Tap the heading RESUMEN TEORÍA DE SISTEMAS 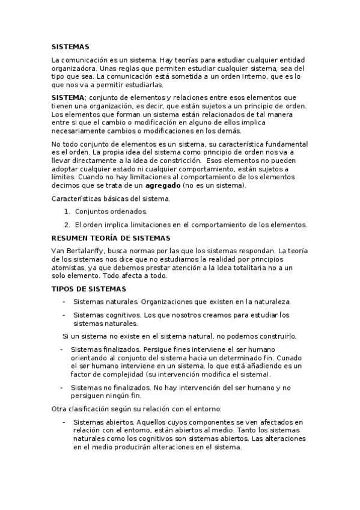click(111, 238)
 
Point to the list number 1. click(66, 211)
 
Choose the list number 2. click(66, 224)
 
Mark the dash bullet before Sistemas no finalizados click(61, 387)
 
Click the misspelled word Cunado click(290, 357)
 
